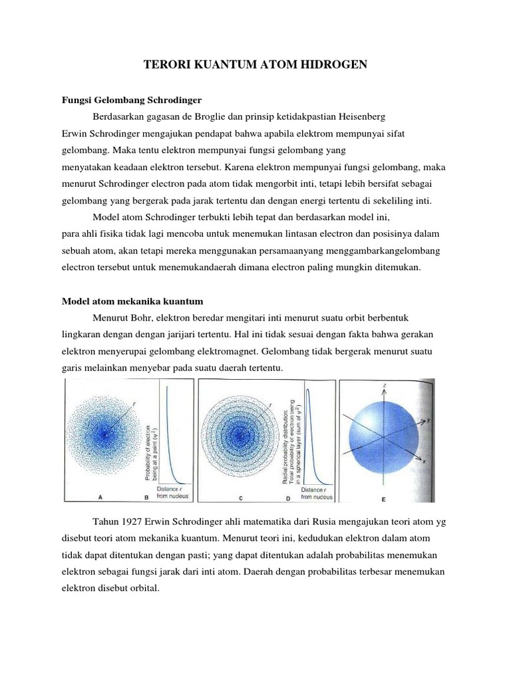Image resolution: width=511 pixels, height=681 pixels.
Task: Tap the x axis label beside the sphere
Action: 425,460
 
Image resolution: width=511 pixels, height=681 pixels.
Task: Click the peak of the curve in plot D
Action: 308,392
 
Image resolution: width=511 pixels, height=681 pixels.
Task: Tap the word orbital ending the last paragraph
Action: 144,587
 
